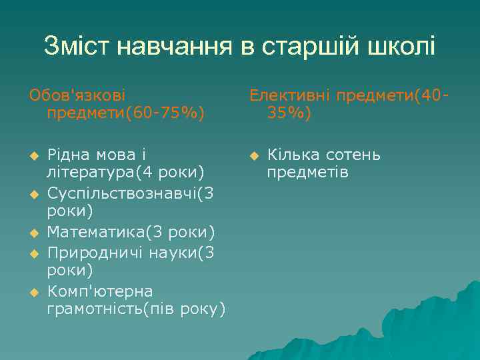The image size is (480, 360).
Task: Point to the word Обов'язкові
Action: pyautogui.click(x=77, y=95)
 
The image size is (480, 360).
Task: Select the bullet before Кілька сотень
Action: pyautogui.click(x=253, y=155)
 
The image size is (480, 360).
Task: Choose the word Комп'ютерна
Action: pyautogui.click(x=100, y=291)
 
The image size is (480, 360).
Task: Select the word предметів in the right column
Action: pyautogui.click(x=307, y=173)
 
